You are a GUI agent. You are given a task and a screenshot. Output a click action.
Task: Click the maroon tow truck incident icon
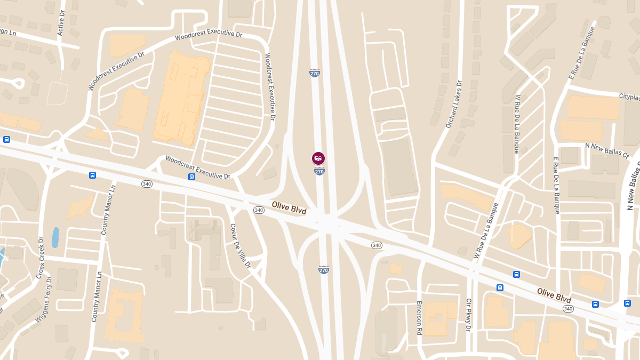[x=318, y=158]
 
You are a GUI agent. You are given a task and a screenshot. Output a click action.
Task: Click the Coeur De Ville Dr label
[x=240, y=245]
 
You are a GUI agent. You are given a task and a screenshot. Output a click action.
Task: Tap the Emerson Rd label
[x=419, y=318]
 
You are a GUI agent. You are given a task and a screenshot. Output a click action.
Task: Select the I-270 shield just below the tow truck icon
[x=319, y=171]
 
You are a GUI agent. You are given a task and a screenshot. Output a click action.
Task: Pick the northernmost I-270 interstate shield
[x=315, y=73]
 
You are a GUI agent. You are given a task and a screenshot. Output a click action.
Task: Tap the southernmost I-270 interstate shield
[x=323, y=270]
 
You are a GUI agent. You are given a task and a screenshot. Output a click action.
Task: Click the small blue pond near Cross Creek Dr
[x=55, y=237]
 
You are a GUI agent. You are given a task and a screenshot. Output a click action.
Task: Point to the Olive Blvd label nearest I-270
[x=289, y=207]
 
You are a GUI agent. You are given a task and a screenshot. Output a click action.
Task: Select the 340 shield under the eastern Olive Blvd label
[x=568, y=309]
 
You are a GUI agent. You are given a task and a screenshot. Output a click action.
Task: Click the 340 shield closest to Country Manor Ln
[x=147, y=184]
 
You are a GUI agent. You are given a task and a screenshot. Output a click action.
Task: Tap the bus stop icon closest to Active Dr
[x=6, y=140]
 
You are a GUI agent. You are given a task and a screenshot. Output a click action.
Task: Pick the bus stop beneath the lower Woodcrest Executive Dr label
[x=191, y=177]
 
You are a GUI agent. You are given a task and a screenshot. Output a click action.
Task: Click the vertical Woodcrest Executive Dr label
[x=269, y=86]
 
